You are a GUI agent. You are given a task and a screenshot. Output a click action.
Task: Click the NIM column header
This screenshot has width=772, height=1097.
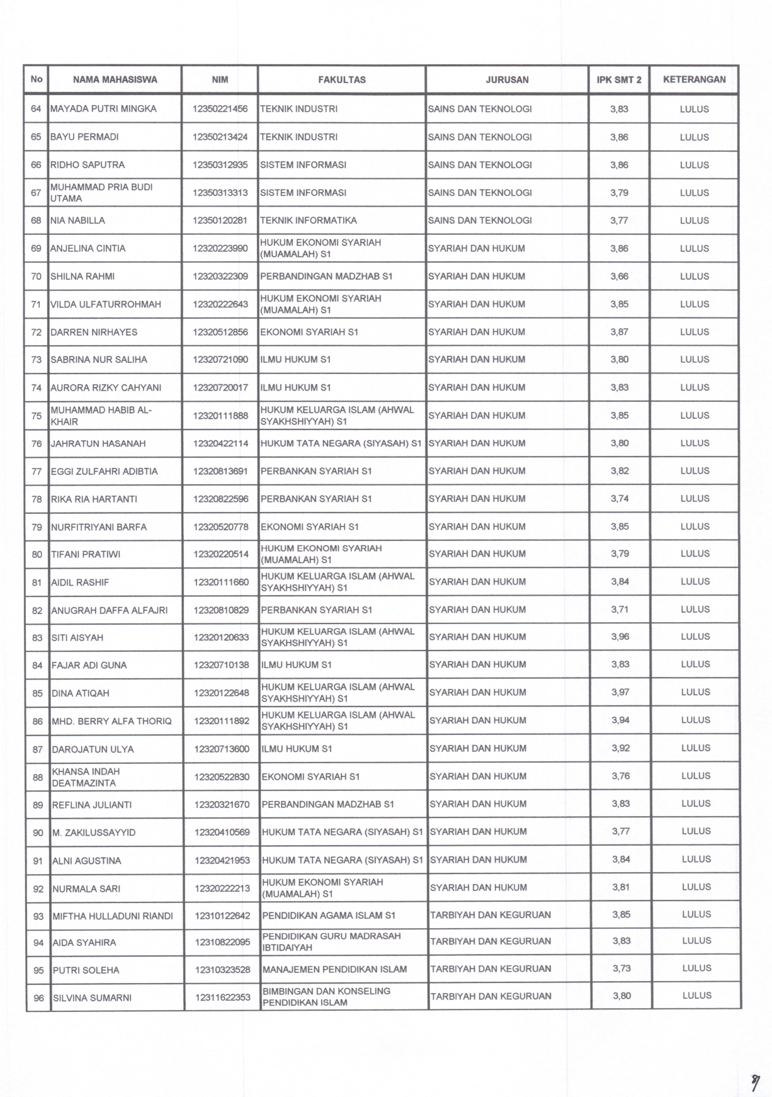click(220, 80)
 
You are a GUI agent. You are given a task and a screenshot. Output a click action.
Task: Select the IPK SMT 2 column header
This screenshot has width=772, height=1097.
click(619, 80)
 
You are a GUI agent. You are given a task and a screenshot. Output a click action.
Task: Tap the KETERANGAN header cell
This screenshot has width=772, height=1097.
click(694, 80)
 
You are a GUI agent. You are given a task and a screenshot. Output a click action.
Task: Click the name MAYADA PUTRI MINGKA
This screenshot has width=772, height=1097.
click(103, 109)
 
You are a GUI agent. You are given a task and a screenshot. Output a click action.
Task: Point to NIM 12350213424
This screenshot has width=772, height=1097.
click(220, 137)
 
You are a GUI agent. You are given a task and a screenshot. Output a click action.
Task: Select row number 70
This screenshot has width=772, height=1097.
click(37, 276)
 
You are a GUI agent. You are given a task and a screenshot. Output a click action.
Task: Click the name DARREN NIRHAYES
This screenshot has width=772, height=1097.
click(94, 333)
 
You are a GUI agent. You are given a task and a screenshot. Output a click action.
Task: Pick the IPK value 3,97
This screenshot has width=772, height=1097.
click(620, 693)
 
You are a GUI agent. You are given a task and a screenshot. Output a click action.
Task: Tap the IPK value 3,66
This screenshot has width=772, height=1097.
click(619, 276)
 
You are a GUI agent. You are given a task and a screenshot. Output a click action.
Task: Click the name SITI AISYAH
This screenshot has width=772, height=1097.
click(77, 638)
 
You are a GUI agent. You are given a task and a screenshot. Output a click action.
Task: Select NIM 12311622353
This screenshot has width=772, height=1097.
click(223, 998)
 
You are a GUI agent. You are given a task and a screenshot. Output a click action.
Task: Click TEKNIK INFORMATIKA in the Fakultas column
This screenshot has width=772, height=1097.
click(309, 221)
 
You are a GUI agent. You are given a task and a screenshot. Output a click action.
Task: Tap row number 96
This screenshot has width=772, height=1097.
click(38, 998)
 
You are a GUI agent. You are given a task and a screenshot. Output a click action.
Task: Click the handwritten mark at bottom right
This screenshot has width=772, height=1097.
click(754, 1065)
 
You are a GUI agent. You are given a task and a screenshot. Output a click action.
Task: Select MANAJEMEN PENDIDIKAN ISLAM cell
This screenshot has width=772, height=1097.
click(334, 970)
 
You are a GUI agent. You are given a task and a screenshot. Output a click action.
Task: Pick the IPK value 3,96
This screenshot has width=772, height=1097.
click(620, 637)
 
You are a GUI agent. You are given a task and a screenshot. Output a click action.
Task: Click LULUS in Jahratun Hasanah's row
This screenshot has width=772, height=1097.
click(695, 443)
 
